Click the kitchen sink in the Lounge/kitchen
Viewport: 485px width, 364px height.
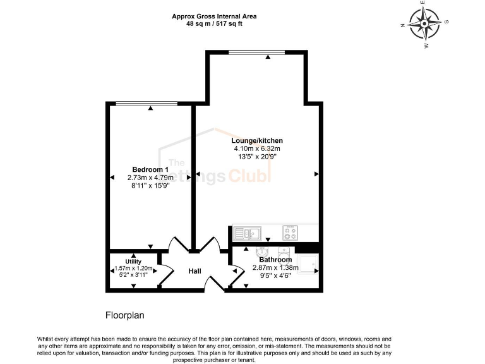click(x=251, y=233)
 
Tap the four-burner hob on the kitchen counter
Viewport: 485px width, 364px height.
click(x=290, y=233)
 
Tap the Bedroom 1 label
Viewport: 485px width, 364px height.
click(x=150, y=169)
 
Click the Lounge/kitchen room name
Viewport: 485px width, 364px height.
click(x=256, y=140)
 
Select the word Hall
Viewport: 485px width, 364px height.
click(x=195, y=271)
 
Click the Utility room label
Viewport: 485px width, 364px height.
click(x=133, y=262)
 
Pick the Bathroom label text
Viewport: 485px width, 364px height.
click(x=276, y=260)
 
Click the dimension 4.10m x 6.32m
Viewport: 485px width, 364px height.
click(x=256, y=149)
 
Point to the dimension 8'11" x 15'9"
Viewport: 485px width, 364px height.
click(x=150, y=186)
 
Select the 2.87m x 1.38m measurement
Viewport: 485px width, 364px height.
click(x=275, y=268)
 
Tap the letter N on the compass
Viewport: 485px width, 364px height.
click(x=403, y=26)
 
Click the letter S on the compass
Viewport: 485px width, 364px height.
click(x=446, y=21)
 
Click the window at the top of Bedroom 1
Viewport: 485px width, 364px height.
click(x=150, y=103)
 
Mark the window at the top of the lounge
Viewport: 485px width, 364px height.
click(x=256, y=51)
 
